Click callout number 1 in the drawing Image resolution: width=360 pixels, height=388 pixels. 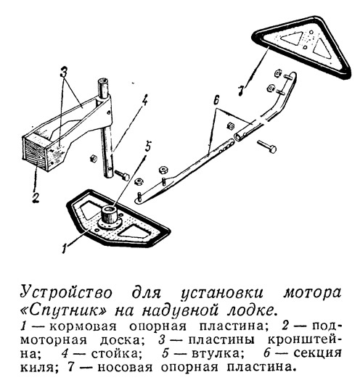(x=65, y=248)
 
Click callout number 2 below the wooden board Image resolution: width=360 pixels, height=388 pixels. (x=36, y=198)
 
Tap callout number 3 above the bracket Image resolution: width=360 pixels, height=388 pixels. (x=64, y=73)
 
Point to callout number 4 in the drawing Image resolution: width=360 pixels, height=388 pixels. (x=145, y=99)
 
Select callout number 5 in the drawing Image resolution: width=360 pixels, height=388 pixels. (x=147, y=146)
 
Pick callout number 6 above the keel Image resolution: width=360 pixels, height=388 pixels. (x=216, y=100)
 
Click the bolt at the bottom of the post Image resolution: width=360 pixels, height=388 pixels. (x=122, y=175)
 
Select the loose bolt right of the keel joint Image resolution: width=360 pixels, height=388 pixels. (x=267, y=146)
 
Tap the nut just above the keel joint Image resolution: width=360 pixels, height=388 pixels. (x=231, y=125)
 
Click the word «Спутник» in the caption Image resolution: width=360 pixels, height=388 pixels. (x=64, y=310)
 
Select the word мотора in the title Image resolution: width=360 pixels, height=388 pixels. (x=312, y=293)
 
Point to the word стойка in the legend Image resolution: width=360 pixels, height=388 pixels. (x=114, y=353)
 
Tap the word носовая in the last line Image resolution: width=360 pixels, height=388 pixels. (x=125, y=367)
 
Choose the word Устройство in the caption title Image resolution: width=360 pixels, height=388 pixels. (x=66, y=293)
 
